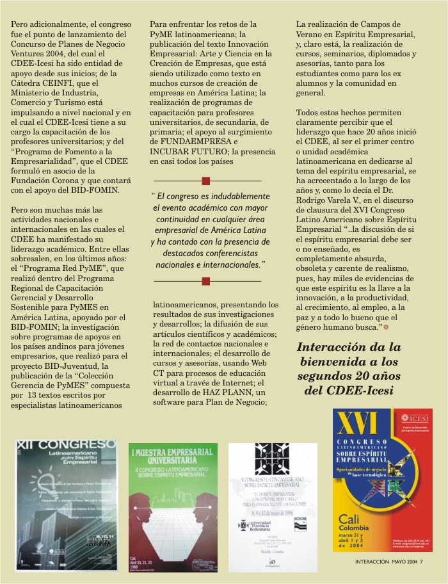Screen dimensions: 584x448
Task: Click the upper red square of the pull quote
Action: [x=205, y=181]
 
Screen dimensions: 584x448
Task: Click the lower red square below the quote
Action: [x=205, y=281]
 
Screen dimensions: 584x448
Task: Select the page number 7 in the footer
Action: [x=430, y=562]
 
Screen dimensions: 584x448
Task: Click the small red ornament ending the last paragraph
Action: [x=386, y=327]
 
